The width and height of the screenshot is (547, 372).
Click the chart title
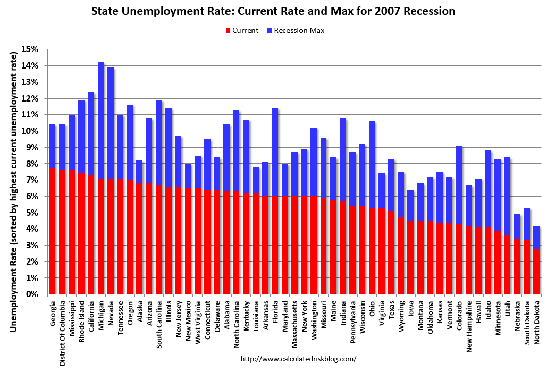coord(273,11)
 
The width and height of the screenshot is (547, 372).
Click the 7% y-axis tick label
coord(33,180)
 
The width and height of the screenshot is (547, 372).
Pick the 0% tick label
coord(33,294)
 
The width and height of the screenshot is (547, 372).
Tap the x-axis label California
coord(91,317)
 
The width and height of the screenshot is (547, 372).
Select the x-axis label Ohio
coord(372,309)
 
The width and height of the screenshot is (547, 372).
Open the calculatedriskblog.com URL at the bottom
coord(298,359)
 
